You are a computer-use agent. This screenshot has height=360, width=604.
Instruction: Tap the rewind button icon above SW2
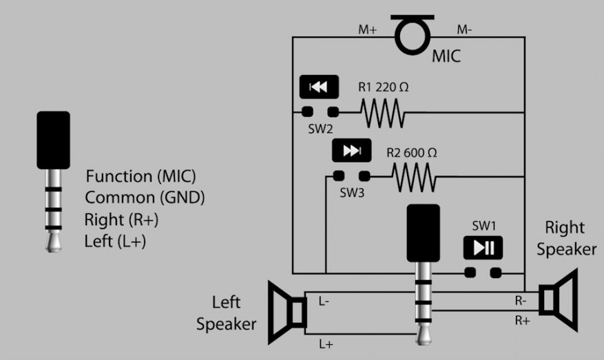pos(319,87)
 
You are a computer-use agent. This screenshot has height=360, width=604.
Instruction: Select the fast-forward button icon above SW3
pos(352,150)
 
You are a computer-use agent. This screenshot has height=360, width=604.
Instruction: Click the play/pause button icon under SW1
pos(483,248)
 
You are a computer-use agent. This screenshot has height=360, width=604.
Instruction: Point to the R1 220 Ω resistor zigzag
pos(382,113)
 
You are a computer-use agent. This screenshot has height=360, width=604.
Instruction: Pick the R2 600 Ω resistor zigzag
pos(414,177)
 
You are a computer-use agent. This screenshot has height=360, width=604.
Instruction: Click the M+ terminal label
pos(368,30)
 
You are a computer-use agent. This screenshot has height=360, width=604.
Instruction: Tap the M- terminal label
pos(465,30)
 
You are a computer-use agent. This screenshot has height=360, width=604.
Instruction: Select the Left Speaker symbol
pos(287,313)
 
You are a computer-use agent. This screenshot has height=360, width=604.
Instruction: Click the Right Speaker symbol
pos(559,300)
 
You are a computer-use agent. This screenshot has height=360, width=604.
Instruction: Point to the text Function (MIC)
pos(140,176)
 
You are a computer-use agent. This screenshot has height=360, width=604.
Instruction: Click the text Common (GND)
pos(145,198)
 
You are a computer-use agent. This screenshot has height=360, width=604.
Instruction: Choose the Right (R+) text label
pos(121,220)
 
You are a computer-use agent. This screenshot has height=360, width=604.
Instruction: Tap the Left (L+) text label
pos(115,242)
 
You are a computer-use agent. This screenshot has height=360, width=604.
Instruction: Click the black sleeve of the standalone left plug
pos(54,140)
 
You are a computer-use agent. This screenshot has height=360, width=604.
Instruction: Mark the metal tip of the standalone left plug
pos(54,242)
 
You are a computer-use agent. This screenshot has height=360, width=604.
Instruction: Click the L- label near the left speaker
pos(324,301)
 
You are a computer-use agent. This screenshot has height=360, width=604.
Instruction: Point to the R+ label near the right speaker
pos(523,320)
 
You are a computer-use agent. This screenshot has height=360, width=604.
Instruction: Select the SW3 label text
pos(352,193)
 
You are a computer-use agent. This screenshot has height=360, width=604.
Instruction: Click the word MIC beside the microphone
pos(446,56)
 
